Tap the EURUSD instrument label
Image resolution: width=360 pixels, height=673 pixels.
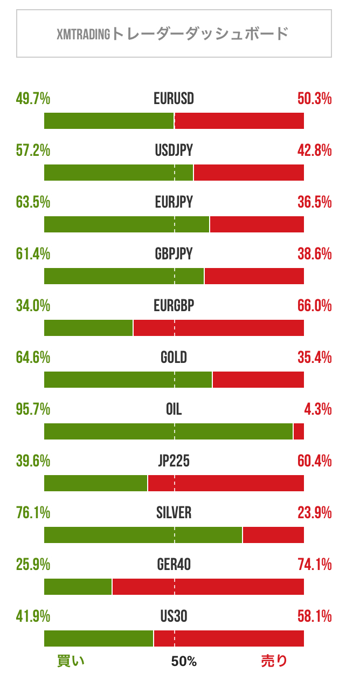click(x=174, y=99)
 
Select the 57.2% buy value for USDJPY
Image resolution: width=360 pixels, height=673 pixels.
click(x=33, y=150)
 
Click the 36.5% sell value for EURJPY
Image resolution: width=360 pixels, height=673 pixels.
click(x=314, y=202)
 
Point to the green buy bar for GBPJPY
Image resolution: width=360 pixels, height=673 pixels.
click(x=123, y=276)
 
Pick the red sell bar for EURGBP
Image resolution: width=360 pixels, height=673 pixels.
click(x=219, y=328)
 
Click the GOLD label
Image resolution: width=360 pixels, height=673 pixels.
click(x=174, y=357)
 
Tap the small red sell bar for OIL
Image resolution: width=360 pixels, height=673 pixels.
click(x=299, y=431)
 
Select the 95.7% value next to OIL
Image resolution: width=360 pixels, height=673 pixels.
click(x=33, y=409)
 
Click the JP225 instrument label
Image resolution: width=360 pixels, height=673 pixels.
click(x=174, y=461)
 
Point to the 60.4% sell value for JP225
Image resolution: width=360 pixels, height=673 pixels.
click(x=314, y=461)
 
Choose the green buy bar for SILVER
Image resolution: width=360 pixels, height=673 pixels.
click(x=143, y=535)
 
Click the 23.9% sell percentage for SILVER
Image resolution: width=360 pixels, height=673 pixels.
click(x=314, y=513)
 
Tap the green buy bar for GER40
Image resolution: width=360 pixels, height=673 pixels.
click(x=78, y=587)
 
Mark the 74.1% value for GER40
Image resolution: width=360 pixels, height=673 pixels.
click(x=314, y=565)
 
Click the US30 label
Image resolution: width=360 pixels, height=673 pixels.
click(x=174, y=616)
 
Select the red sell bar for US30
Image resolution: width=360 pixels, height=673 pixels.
click(x=229, y=638)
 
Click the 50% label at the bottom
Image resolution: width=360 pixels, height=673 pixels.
click(x=184, y=662)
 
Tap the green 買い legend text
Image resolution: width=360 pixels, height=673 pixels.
click(x=71, y=661)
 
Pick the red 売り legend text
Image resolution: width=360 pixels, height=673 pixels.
click(x=274, y=661)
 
